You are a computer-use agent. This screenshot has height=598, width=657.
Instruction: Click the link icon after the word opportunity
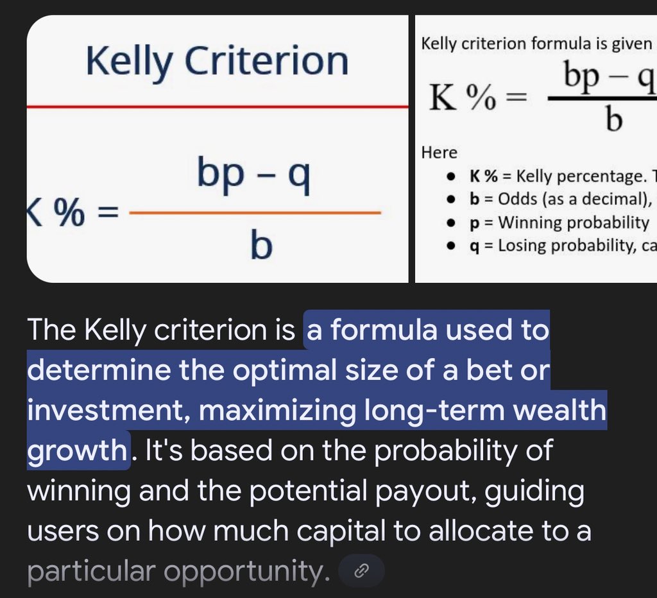361,570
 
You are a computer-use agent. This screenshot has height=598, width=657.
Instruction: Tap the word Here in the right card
439,153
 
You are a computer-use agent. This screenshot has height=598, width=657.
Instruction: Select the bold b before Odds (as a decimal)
474,199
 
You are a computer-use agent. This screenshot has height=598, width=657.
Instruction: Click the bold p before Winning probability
474,223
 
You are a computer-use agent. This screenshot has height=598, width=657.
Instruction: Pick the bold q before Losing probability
474,246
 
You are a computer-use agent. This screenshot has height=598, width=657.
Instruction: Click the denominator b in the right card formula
613,120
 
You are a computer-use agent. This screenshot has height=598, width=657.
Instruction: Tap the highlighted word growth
76,450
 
